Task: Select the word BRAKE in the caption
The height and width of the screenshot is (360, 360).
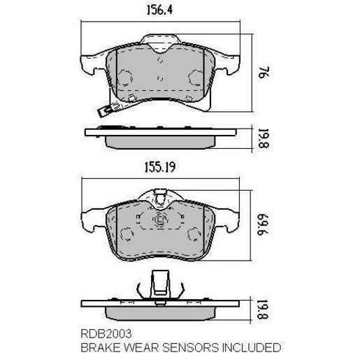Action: tap(99, 347)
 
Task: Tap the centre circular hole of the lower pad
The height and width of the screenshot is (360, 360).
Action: tap(160, 222)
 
